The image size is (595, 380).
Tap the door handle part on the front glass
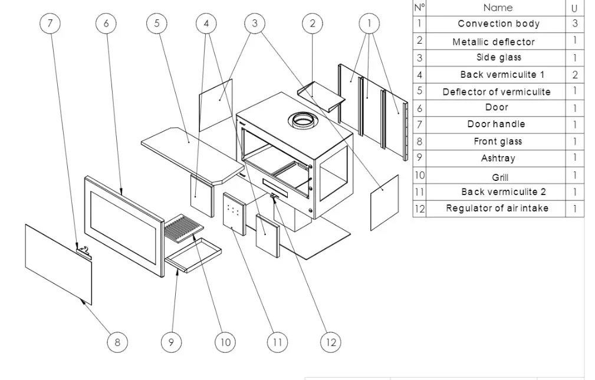point(84,252)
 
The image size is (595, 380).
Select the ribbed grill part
point(183,226)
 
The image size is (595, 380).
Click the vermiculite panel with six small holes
point(234,213)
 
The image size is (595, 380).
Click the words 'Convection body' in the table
point(498,24)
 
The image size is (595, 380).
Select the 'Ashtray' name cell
point(498,158)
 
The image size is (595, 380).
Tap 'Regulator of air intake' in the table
point(497,208)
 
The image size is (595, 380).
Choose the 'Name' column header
point(498,8)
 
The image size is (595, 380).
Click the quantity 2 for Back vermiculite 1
point(575,75)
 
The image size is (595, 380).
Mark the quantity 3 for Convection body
point(575,24)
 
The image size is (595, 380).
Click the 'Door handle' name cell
point(497,124)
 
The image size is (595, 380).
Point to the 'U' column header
point(574,8)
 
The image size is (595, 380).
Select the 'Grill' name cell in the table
point(499,177)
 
